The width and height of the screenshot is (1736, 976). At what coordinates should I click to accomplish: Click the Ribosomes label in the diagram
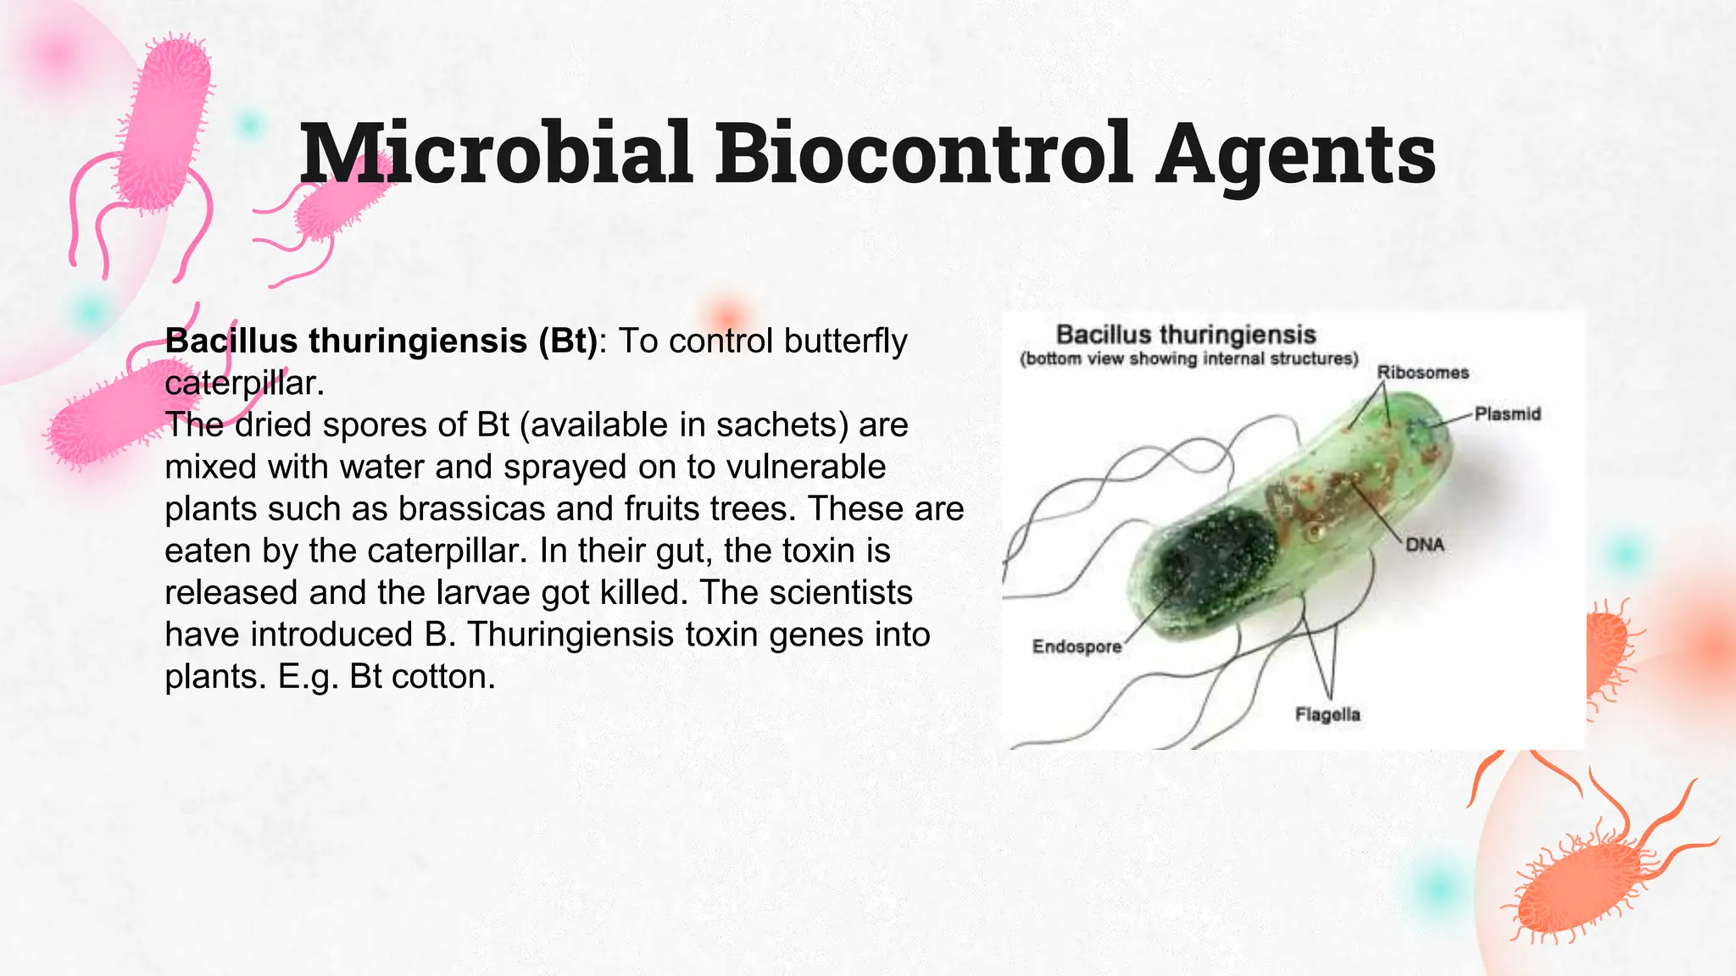pos(1422,373)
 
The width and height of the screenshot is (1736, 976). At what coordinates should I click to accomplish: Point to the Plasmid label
pos(1507,414)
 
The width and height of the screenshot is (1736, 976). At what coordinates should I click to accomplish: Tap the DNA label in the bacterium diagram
pos(1424,545)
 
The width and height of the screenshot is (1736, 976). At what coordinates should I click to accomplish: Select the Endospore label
pos(1077,647)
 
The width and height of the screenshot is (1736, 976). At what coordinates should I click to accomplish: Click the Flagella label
pos(1327,715)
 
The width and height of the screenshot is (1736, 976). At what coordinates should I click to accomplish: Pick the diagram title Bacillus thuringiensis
pos(1186,335)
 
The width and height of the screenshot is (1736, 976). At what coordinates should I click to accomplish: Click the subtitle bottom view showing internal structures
pos(1188,359)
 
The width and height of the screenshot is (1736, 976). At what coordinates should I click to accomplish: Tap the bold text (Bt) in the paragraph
pos(567,341)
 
